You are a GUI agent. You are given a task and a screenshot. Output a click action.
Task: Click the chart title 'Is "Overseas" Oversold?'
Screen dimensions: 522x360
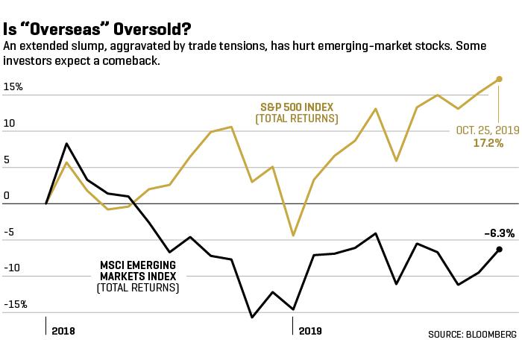[x=97, y=29]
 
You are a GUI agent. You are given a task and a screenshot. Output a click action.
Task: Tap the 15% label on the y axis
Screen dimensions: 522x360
[x=13, y=87]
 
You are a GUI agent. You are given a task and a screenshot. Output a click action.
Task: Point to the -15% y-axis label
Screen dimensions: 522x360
[x=16, y=304]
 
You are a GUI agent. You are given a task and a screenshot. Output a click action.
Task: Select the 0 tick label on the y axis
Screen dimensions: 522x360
[x=6, y=195]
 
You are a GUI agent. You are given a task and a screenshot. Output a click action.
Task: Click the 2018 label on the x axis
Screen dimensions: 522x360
[x=63, y=331]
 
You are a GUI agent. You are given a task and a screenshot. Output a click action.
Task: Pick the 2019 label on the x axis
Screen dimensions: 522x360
[x=310, y=331]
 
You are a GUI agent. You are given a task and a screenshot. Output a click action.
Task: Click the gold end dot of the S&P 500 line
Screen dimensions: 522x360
[x=499, y=79]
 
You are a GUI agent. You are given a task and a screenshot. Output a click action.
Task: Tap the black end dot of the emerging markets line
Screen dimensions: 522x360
[x=499, y=249]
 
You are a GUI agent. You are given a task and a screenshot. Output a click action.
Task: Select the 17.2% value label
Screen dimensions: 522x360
[x=488, y=143]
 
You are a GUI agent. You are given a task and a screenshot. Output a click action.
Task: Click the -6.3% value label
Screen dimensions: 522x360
[x=500, y=233]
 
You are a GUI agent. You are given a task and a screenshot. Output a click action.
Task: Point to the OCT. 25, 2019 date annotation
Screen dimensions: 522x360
[x=488, y=130]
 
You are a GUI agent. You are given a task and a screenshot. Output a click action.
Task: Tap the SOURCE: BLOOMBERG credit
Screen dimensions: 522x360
[x=472, y=334]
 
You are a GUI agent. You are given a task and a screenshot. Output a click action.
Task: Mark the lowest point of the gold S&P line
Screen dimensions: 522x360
[x=293, y=236]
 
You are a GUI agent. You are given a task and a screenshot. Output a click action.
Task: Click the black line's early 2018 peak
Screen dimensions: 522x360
[x=66, y=144]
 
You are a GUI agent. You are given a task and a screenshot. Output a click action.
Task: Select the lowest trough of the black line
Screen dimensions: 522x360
[x=252, y=317]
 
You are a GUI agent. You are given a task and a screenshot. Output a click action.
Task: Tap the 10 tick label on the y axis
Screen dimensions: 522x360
[x=9, y=123]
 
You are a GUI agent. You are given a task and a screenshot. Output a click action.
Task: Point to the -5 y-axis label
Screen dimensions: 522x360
[x=9, y=232]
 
